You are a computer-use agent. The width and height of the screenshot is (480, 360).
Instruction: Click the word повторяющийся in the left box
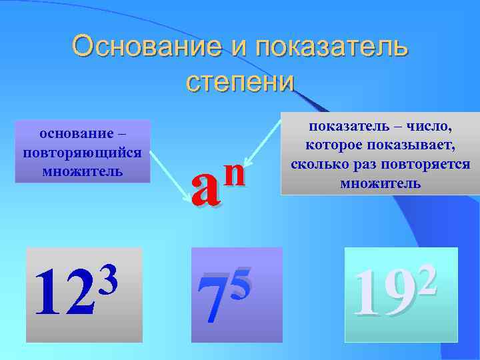tap(81, 152)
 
